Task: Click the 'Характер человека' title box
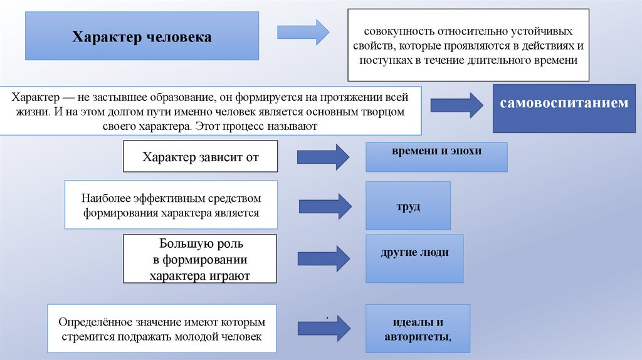pyautogui.click(x=142, y=38)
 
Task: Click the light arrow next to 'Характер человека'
pyautogui.click(x=303, y=31)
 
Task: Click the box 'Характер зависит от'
pyautogui.click(x=200, y=156)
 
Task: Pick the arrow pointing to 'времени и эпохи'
pyautogui.click(x=322, y=157)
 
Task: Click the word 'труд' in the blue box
pyautogui.click(x=408, y=206)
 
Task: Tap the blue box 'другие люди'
pyautogui.click(x=414, y=253)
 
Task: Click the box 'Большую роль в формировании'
pyautogui.click(x=200, y=259)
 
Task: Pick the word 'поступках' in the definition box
pyautogui.click(x=383, y=61)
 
